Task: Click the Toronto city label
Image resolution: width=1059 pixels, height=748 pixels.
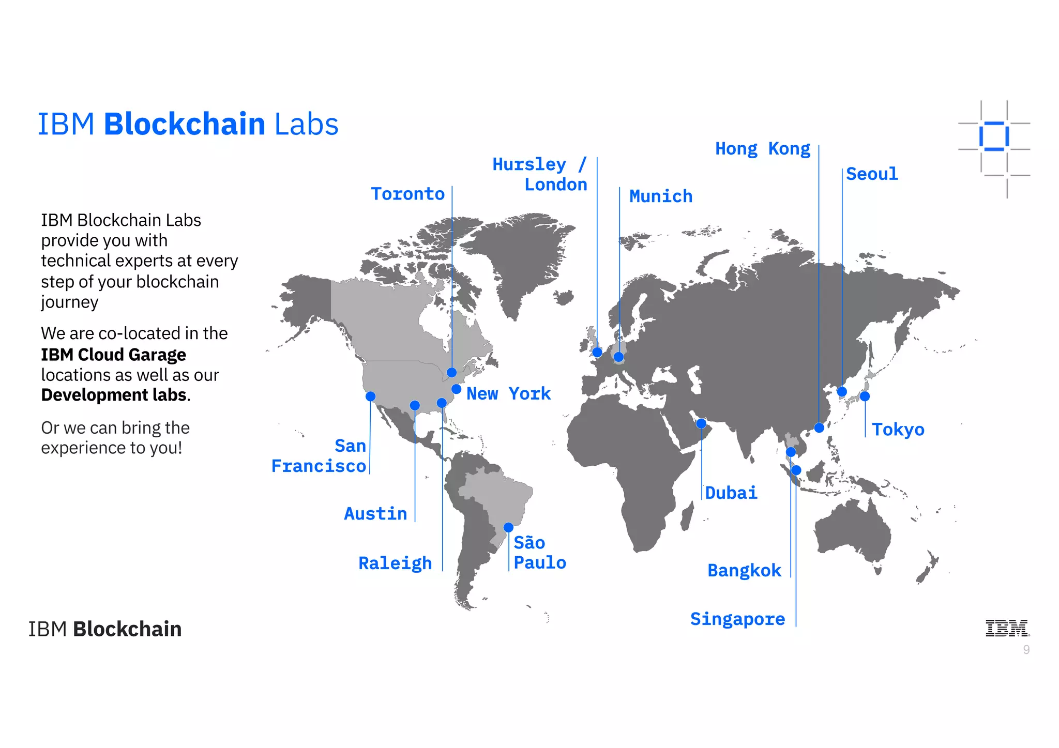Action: click(407, 194)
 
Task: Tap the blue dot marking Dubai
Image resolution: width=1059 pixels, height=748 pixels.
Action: click(701, 423)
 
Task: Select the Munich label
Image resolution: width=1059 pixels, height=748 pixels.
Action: click(660, 196)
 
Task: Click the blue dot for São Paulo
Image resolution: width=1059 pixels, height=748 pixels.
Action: click(508, 527)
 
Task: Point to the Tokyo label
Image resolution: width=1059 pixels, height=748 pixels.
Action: click(898, 430)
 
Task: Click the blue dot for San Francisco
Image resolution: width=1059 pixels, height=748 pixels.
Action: click(370, 396)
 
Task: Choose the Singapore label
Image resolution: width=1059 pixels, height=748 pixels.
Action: click(737, 619)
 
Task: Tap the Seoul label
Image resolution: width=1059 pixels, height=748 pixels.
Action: click(872, 174)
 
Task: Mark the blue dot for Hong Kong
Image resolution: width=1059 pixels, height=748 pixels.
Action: click(819, 428)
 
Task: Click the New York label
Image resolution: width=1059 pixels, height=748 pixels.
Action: click(508, 394)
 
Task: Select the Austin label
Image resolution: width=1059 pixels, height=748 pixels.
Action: click(375, 514)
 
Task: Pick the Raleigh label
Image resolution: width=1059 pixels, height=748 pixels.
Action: click(395, 563)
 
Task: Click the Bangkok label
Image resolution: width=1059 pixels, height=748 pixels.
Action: click(744, 571)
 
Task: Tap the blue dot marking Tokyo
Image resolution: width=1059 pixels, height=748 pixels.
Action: click(865, 396)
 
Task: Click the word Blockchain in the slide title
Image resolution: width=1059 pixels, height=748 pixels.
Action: click(185, 124)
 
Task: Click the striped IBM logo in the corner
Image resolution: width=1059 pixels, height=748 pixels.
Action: click(1007, 628)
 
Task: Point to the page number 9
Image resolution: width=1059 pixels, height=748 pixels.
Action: click(1026, 650)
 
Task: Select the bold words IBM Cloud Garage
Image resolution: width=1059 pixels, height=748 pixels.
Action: click(113, 355)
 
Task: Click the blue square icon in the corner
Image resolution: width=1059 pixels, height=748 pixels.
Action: click(994, 136)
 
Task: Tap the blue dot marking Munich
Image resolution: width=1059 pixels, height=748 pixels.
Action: click(618, 357)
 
